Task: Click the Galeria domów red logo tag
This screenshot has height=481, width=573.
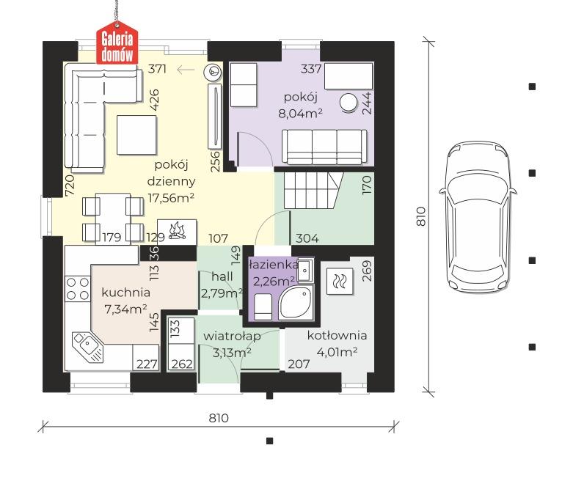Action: tap(117, 43)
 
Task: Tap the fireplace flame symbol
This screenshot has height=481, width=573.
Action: tap(177, 231)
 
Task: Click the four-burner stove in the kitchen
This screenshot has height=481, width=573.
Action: tap(78, 289)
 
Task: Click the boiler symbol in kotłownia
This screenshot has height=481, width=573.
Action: tap(340, 282)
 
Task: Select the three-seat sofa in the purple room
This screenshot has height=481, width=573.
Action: tap(324, 147)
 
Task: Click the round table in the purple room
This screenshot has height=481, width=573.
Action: tap(348, 102)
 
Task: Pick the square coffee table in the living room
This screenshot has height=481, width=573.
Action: tap(136, 135)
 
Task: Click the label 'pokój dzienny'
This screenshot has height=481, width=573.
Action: tap(171, 173)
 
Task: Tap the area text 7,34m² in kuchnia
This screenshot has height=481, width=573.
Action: tap(125, 309)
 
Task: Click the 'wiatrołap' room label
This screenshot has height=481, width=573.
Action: tap(232, 336)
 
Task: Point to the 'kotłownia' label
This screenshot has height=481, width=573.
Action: tap(337, 335)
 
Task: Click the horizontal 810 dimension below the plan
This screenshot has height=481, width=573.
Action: tap(219, 418)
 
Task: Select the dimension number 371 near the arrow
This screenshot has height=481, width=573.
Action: tap(157, 69)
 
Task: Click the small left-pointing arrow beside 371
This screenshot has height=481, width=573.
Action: tap(186, 70)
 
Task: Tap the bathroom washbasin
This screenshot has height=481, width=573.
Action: tap(305, 271)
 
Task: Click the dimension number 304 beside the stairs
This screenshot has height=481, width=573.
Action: tap(307, 238)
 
